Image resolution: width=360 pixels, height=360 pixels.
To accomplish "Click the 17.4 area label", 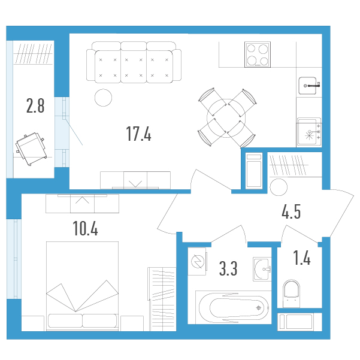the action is click(x=139, y=134).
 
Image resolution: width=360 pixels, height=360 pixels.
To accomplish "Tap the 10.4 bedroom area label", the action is click(x=85, y=228).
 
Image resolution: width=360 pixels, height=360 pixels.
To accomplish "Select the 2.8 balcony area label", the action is click(x=35, y=105).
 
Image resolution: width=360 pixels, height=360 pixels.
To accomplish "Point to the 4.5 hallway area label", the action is click(x=291, y=211).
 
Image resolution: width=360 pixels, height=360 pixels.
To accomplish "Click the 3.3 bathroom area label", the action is click(x=228, y=268).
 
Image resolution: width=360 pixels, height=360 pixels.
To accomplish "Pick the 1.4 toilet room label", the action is click(x=302, y=258).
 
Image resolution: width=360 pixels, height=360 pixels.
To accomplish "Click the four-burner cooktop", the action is click(x=258, y=55).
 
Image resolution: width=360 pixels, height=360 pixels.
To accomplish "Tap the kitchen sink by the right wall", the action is click(x=308, y=86).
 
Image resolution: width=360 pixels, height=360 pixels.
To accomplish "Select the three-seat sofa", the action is click(x=134, y=62).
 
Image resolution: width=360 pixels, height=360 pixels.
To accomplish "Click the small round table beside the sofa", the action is click(x=103, y=98).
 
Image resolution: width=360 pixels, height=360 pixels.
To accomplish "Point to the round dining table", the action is click(x=226, y=118).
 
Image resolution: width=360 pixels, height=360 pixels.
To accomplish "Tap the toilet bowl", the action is click(x=291, y=294).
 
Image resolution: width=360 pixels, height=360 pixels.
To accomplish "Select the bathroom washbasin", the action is click(x=262, y=269).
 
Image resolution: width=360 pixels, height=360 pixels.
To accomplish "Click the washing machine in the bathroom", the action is click(x=197, y=262).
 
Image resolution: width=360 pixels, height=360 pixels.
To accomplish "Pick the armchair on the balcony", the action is click(x=31, y=149).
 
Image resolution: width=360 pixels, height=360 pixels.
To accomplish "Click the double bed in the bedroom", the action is click(x=83, y=286).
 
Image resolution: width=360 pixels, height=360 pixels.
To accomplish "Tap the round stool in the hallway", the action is click(x=279, y=187).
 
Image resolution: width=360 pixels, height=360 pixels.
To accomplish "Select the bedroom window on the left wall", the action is click(x=14, y=259).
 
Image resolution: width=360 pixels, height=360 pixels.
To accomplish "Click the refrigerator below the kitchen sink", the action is click(x=309, y=132).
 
